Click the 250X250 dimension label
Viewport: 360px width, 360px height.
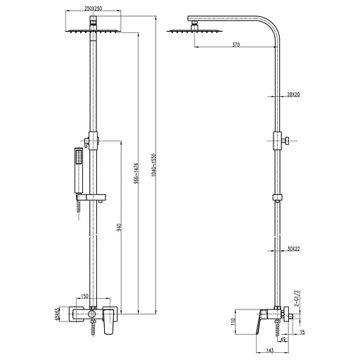coord(93,8)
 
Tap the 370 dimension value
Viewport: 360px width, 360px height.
coord(236,44)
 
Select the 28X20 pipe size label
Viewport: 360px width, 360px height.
coord(293,94)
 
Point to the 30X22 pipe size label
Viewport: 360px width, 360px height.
coord(293,249)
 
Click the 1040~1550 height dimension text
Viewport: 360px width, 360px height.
coord(153,165)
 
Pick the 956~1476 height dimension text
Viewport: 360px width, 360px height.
coord(136,173)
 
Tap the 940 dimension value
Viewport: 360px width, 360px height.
coord(119,228)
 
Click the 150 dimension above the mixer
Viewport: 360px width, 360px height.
coord(84,296)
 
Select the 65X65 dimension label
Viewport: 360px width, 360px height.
coord(58,314)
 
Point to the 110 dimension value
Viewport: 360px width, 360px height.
coord(233,322)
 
